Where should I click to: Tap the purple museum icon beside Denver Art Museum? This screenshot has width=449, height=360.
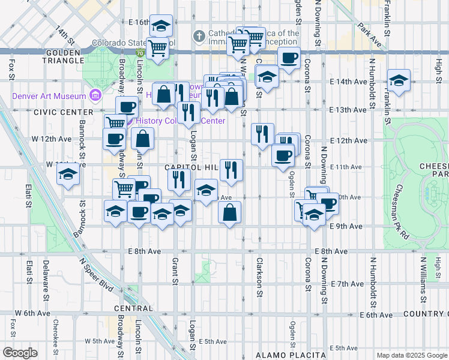coord(94,95)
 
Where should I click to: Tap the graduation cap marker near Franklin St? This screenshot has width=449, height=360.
coord(398,81)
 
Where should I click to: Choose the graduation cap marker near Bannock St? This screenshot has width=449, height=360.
coord(68,175)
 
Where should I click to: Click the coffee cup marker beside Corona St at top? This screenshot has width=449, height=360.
coord(289,59)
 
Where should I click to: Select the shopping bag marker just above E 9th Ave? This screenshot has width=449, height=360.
coord(230,212)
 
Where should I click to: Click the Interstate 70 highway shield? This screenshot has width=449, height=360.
coord(139,53)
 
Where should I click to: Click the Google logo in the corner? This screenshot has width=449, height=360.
coord(20,353)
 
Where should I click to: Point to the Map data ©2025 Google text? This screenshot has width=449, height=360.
coord(411,355)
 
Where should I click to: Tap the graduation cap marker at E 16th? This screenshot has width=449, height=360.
coord(160,26)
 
